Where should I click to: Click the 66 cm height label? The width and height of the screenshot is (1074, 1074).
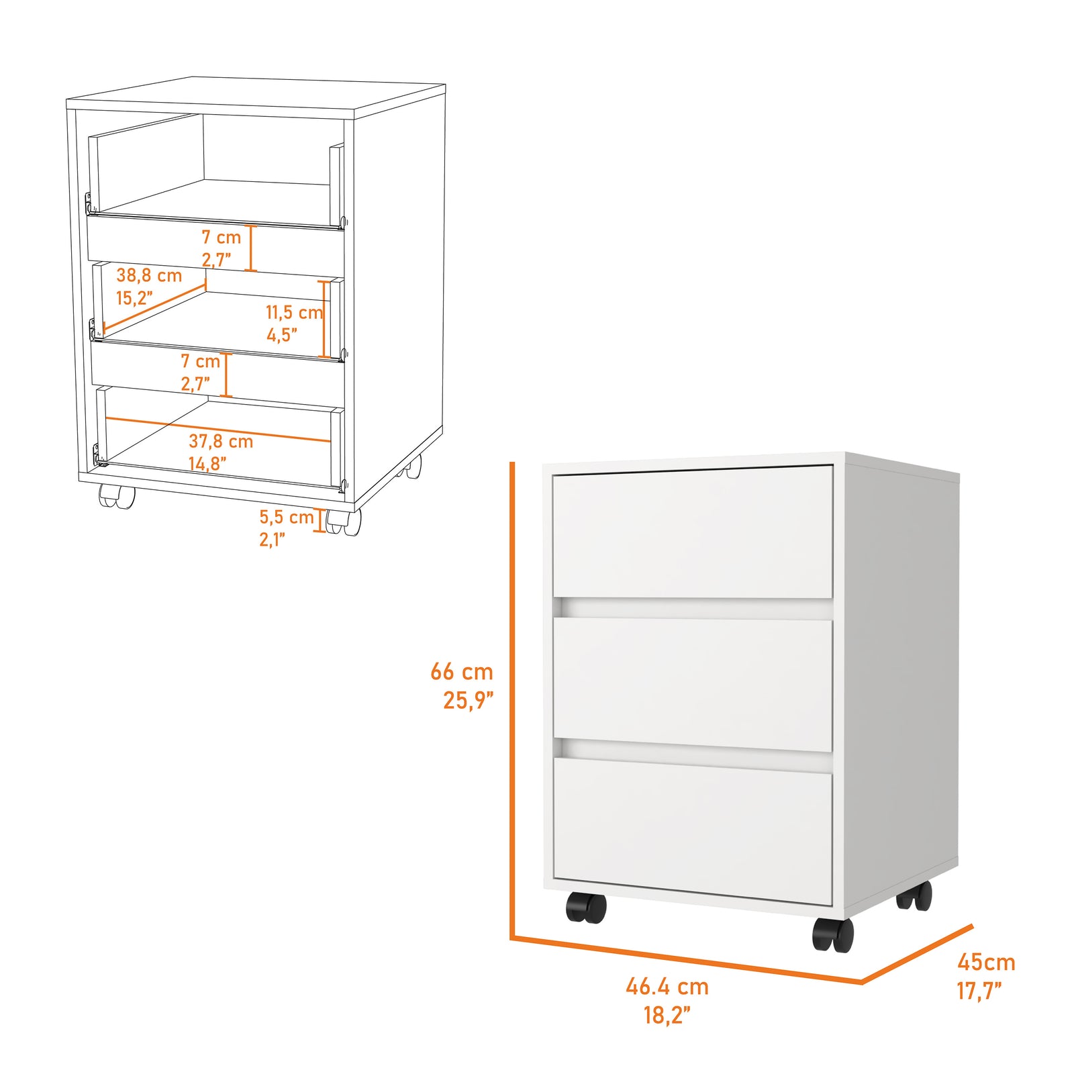[x=462, y=671]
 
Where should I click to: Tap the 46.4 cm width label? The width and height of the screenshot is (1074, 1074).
[x=667, y=987]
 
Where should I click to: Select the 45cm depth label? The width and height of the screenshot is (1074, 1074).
[x=986, y=962]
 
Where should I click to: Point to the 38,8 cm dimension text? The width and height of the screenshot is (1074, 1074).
[x=149, y=275]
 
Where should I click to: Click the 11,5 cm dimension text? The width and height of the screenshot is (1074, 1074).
[x=294, y=312]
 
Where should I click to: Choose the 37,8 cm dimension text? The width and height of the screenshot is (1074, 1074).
[x=221, y=441]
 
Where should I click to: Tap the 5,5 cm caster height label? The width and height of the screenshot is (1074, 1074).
[x=287, y=517]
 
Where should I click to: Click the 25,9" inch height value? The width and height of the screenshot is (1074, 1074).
[x=468, y=700]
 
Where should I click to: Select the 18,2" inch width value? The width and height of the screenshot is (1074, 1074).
[x=667, y=1015]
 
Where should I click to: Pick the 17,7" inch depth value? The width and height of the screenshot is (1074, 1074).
[x=979, y=990]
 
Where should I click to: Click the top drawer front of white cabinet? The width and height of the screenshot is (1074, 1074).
[x=693, y=532]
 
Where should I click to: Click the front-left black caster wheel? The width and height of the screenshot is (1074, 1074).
[x=586, y=907]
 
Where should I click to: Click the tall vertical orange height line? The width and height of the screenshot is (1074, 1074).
[x=512, y=698]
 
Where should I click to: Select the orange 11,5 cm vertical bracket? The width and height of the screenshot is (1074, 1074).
[x=325, y=319]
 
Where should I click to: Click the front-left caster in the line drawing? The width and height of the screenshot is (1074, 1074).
[x=117, y=496]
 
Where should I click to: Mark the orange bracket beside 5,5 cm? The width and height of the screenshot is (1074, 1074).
[x=321, y=521]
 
